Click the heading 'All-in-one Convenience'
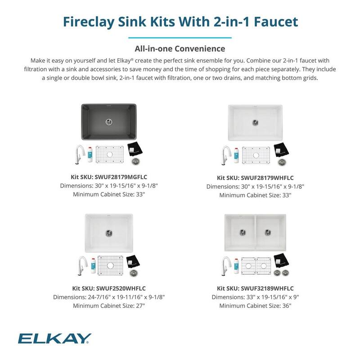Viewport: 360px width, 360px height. coord(180,48)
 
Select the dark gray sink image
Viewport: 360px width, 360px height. coord(109,121)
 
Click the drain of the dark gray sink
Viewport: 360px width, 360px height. coord(109,121)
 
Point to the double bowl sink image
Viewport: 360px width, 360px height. coord(255,232)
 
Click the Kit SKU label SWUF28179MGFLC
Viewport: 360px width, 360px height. coord(109,177)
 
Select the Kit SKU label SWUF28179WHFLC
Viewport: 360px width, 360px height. coord(255,178)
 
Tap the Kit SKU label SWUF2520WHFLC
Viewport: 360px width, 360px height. coord(109,288)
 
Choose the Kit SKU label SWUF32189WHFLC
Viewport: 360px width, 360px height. coord(255,288)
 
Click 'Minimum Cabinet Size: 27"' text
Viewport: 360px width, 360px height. coord(109,306)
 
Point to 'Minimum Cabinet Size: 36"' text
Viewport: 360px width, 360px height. coord(255,306)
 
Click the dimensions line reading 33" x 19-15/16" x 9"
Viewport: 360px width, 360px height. coord(255,297)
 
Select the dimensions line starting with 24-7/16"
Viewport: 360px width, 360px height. coord(109,297)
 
